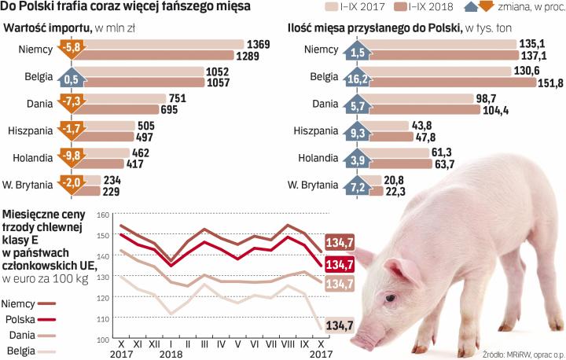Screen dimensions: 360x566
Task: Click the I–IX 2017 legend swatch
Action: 339,8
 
